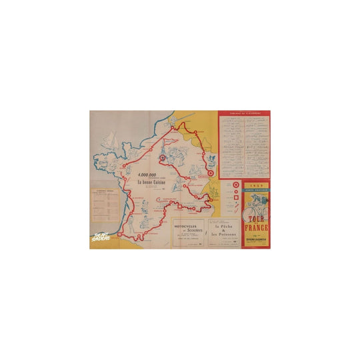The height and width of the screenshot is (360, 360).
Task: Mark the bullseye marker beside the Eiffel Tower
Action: pos(162,159)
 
